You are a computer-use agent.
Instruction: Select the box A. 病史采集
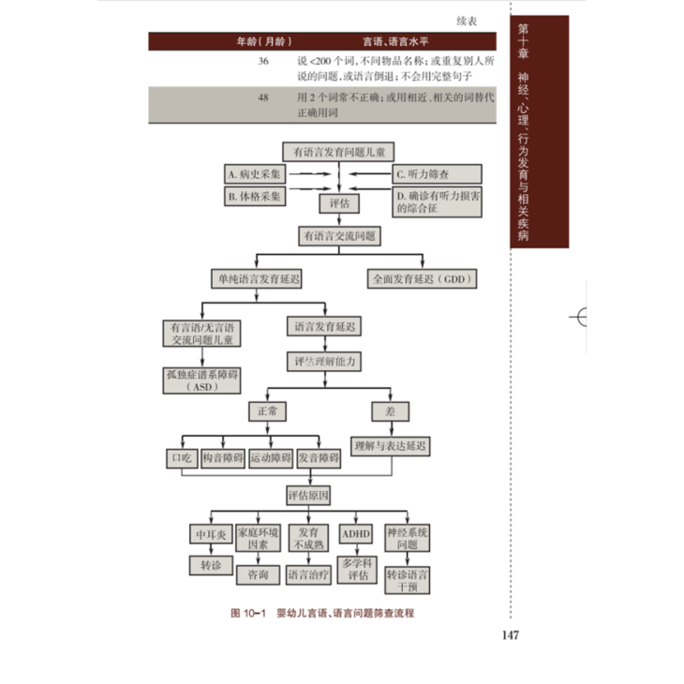coord(254,174)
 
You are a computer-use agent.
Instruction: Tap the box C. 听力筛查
coord(436,174)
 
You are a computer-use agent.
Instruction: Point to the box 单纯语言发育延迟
coord(261,278)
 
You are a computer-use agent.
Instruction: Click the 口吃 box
coord(180,459)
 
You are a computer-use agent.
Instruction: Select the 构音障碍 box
coord(223,459)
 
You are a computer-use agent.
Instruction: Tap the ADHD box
coord(356,533)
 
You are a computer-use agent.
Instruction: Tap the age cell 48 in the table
coord(263,97)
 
